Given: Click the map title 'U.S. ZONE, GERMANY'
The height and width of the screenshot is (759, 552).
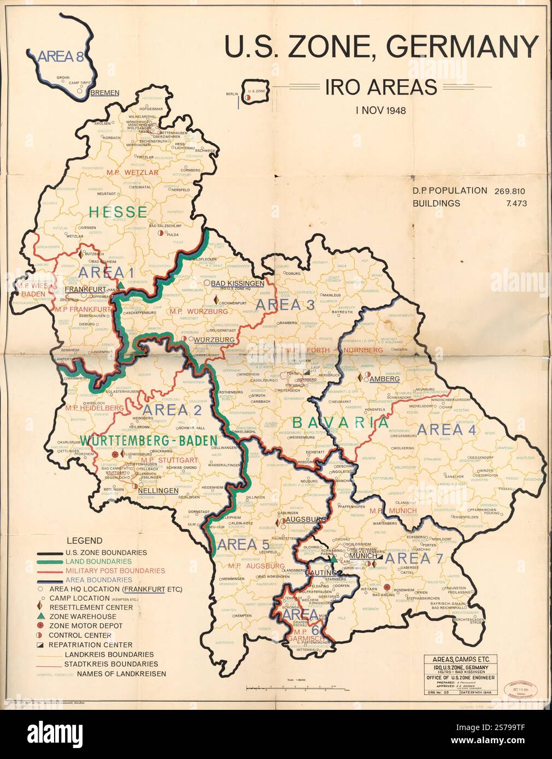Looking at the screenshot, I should coord(381,47).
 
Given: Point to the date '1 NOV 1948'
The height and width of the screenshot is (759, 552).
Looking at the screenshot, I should coord(380,110).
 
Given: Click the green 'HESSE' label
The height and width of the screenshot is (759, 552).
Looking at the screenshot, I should coord(119,212).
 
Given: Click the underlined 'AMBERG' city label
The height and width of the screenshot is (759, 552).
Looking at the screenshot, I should coord(385,378).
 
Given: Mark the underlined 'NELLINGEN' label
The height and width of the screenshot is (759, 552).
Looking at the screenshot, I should coord(158,490).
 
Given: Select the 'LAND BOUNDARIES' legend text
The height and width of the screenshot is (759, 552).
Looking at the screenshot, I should coord(98,561).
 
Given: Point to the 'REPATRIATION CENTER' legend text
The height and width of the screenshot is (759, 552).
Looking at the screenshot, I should coord(107,645).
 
